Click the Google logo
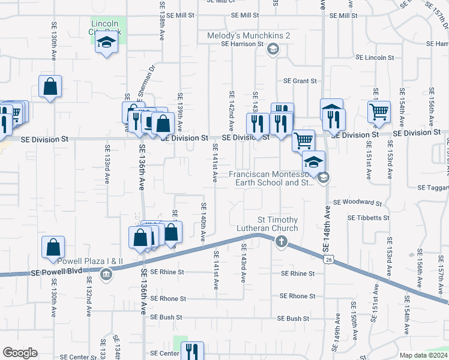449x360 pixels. pyautogui.click(x=20, y=353)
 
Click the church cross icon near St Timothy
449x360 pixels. pyautogui.click(x=280, y=242)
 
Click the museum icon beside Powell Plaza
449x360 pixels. pyautogui.click(x=106, y=275)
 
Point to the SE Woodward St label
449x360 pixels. pyautogui.click(x=357, y=203)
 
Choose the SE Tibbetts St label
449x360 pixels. pyautogui.click(x=369, y=218)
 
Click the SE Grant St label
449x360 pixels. pyautogui.click(x=300, y=80)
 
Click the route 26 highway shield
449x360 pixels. pyautogui.click(x=327, y=259)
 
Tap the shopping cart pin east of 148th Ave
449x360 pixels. pyautogui.click(x=378, y=112)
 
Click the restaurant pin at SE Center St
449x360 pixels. pyautogui.click(x=192, y=351)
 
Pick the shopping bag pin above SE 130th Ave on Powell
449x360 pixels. pyautogui.click(x=53, y=246)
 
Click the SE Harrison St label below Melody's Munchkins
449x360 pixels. pyautogui.click(x=243, y=44)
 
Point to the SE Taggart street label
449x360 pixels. pyautogui.click(x=437, y=188)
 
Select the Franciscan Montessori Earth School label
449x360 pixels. pyautogui.click(x=271, y=178)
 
